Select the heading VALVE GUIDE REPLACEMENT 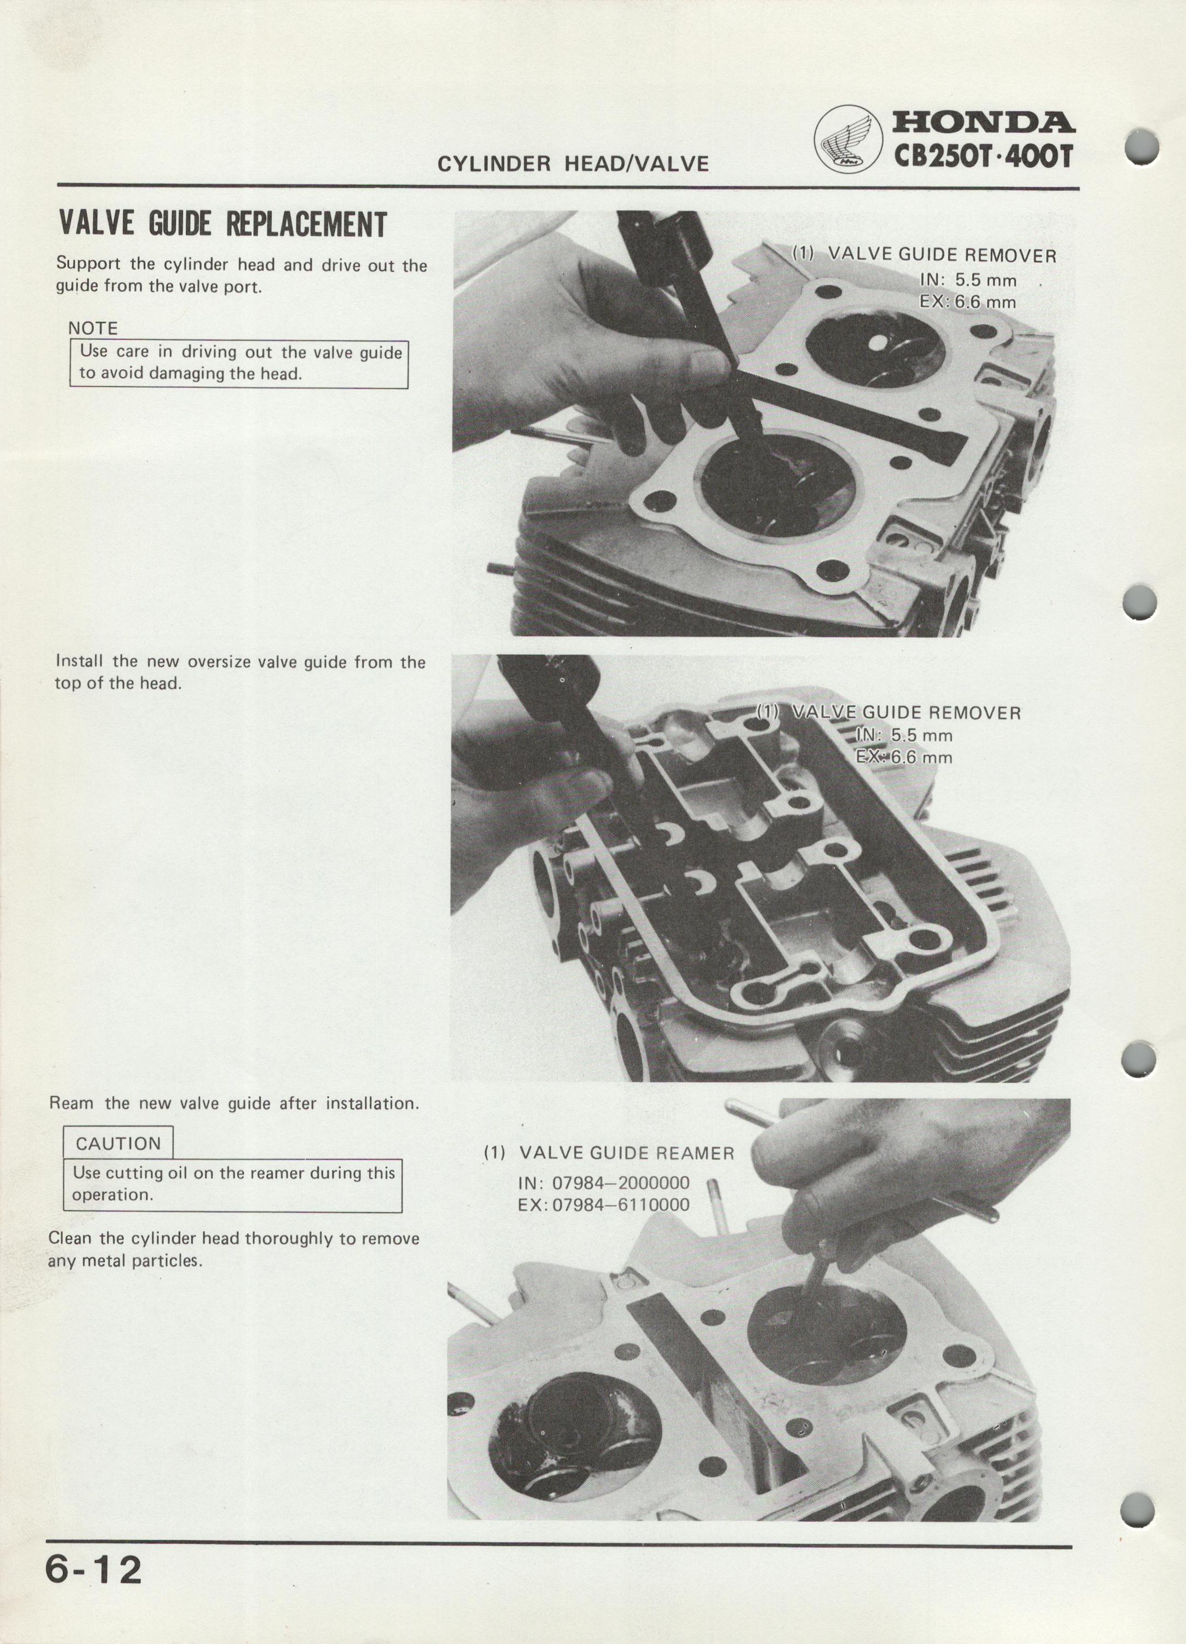click(222, 225)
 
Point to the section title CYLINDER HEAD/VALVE click(573, 164)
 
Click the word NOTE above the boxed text click(93, 328)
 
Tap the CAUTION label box click(118, 1144)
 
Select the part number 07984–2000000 click(621, 1184)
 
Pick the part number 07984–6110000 click(621, 1206)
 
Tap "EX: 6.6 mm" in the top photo click(968, 301)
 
